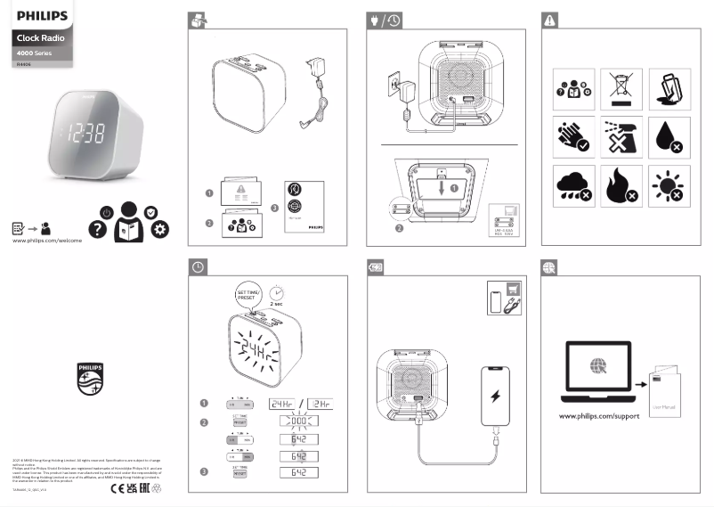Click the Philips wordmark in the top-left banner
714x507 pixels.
43,15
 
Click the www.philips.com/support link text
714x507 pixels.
599,416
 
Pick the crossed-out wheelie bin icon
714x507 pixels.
621,88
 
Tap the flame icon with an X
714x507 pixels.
621,184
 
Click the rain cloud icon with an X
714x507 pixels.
572,184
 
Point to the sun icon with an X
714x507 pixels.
669,184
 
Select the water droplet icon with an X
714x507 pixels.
669,136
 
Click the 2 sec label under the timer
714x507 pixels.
276,305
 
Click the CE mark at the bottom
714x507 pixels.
116,487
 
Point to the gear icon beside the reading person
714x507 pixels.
160,229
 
